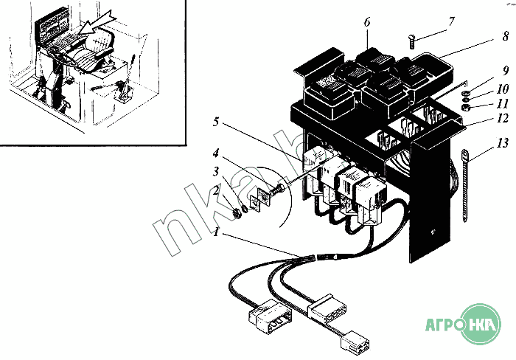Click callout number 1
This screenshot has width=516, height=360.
point(216,231)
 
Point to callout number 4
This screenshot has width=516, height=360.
point(216,154)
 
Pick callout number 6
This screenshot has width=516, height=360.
point(366,23)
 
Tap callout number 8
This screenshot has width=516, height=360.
point(505,35)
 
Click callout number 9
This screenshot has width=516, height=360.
point(505,71)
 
